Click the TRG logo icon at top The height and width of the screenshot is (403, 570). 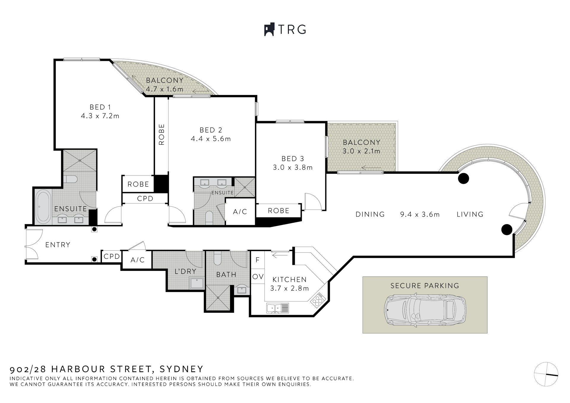(x=269, y=29)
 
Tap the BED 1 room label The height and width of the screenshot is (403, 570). (x=100, y=107)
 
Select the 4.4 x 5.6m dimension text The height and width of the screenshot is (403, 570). (x=211, y=139)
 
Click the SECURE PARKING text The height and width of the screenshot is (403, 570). (x=425, y=286)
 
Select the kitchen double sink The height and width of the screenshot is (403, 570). (x=278, y=308)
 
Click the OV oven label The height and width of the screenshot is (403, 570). (x=258, y=276)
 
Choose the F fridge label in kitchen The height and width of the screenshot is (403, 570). (x=257, y=260)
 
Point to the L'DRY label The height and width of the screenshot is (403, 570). (x=185, y=271)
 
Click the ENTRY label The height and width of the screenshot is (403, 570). (x=58, y=245)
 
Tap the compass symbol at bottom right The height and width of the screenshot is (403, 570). (x=546, y=374)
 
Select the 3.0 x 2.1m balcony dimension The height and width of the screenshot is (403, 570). (x=361, y=151)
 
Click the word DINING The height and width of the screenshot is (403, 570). (x=370, y=214)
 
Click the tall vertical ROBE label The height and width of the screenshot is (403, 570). (x=161, y=135)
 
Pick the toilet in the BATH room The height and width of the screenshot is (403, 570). (x=218, y=258)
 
